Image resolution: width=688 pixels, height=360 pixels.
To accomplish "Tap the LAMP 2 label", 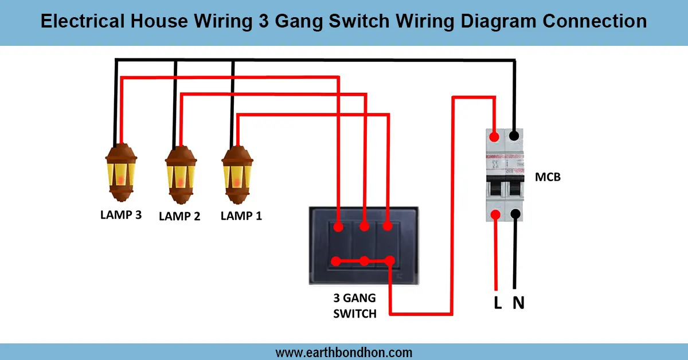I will pos(179,217).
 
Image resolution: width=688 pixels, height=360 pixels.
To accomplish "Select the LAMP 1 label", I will pos(241,216).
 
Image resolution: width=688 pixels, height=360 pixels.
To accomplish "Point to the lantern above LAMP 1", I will pos(237,173).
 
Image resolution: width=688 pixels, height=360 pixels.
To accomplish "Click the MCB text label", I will pos(548,177).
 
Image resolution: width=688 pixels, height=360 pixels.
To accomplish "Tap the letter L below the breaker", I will pos(498,303).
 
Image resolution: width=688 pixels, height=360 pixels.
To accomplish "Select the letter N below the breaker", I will pos(518,303).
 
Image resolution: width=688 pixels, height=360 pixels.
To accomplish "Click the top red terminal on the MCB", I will pos(494,136).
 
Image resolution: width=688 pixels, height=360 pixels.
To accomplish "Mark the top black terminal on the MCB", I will pos(515,136).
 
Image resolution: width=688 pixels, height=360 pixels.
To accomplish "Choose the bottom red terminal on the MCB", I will pos(495,215).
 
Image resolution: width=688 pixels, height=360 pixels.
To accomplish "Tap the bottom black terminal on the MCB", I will pos(515,215).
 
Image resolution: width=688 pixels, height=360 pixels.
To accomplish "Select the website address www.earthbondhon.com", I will pos(344,352).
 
